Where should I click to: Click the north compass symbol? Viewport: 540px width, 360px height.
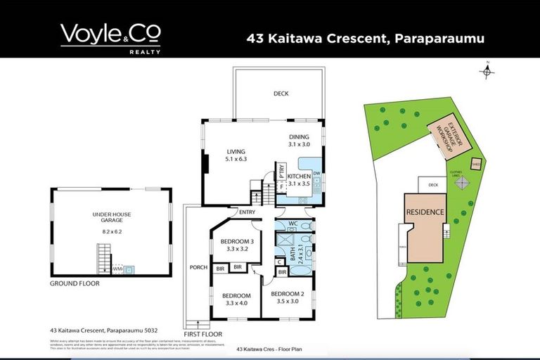(x=489, y=70)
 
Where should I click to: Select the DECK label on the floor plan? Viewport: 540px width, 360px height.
(x=281, y=94)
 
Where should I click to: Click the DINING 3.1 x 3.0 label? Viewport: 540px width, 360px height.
(x=299, y=141)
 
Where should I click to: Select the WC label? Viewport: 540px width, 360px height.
(x=295, y=224)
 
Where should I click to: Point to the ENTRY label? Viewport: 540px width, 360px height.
(x=247, y=212)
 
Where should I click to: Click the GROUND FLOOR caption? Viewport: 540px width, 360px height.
(x=74, y=283)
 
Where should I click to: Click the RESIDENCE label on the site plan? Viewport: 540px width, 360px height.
(x=425, y=212)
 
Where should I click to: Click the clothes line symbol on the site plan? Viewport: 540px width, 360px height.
(x=462, y=183)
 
